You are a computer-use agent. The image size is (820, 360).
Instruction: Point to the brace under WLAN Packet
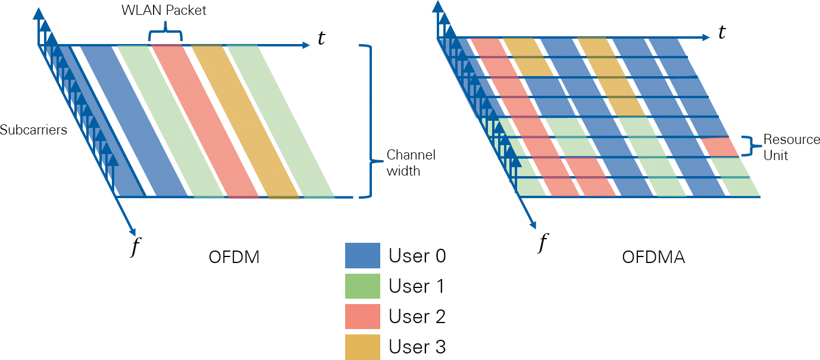pos(165,34)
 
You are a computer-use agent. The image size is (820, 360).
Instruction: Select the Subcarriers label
pos(33,130)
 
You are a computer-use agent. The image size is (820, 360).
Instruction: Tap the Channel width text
pos(411,163)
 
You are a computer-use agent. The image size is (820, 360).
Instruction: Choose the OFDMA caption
pos(653,258)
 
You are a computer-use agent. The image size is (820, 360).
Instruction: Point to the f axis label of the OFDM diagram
pos(136,246)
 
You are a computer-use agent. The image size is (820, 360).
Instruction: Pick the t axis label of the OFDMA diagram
pos(722,32)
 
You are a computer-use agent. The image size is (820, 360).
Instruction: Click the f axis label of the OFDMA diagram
pos(542,242)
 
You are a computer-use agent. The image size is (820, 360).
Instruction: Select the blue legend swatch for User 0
pos(362,256)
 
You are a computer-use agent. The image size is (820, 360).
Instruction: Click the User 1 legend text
pos(417,286)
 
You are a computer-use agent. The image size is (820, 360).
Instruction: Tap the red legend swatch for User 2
pos(362,317)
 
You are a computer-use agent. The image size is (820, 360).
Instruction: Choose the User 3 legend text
pos(417,347)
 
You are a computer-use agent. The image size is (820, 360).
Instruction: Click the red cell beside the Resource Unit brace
pos(719,147)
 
